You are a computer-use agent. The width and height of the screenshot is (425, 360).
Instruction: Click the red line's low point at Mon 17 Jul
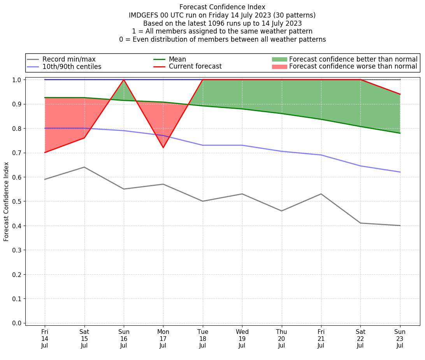(163, 148)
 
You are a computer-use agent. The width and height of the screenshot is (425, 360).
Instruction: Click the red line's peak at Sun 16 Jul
(124, 79)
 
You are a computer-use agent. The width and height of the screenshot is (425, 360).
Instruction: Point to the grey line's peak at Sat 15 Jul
(84, 167)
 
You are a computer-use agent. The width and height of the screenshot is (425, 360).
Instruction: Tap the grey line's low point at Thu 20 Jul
(281, 211)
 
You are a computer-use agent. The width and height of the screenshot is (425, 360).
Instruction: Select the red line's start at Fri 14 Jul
(45, 152)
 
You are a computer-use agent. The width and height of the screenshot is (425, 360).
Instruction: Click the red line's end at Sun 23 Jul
(400, 94)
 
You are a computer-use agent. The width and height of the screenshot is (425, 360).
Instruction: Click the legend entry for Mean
(177, 59)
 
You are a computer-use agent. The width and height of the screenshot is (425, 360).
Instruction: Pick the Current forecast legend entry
(195, 67)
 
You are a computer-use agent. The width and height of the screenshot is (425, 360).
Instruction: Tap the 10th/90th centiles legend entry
(72, 67)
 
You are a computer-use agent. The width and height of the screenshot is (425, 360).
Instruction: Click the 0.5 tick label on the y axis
(17, 201)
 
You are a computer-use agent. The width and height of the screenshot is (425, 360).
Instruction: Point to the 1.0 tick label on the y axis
(17, 79)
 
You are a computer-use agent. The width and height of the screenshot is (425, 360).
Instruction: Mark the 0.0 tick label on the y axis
(17, 323)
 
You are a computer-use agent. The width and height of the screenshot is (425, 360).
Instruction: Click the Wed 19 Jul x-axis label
(242, 338)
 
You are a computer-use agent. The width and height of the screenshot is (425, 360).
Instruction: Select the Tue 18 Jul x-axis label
(203, 338)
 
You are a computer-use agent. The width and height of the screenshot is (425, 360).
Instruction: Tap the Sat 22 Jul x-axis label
(360, 338)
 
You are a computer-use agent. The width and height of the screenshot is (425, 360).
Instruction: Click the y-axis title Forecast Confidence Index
(6, 201)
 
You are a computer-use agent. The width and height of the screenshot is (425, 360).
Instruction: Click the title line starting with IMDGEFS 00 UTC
(222, 15)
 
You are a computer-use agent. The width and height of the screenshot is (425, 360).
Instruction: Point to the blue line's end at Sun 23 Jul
(400, 172)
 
